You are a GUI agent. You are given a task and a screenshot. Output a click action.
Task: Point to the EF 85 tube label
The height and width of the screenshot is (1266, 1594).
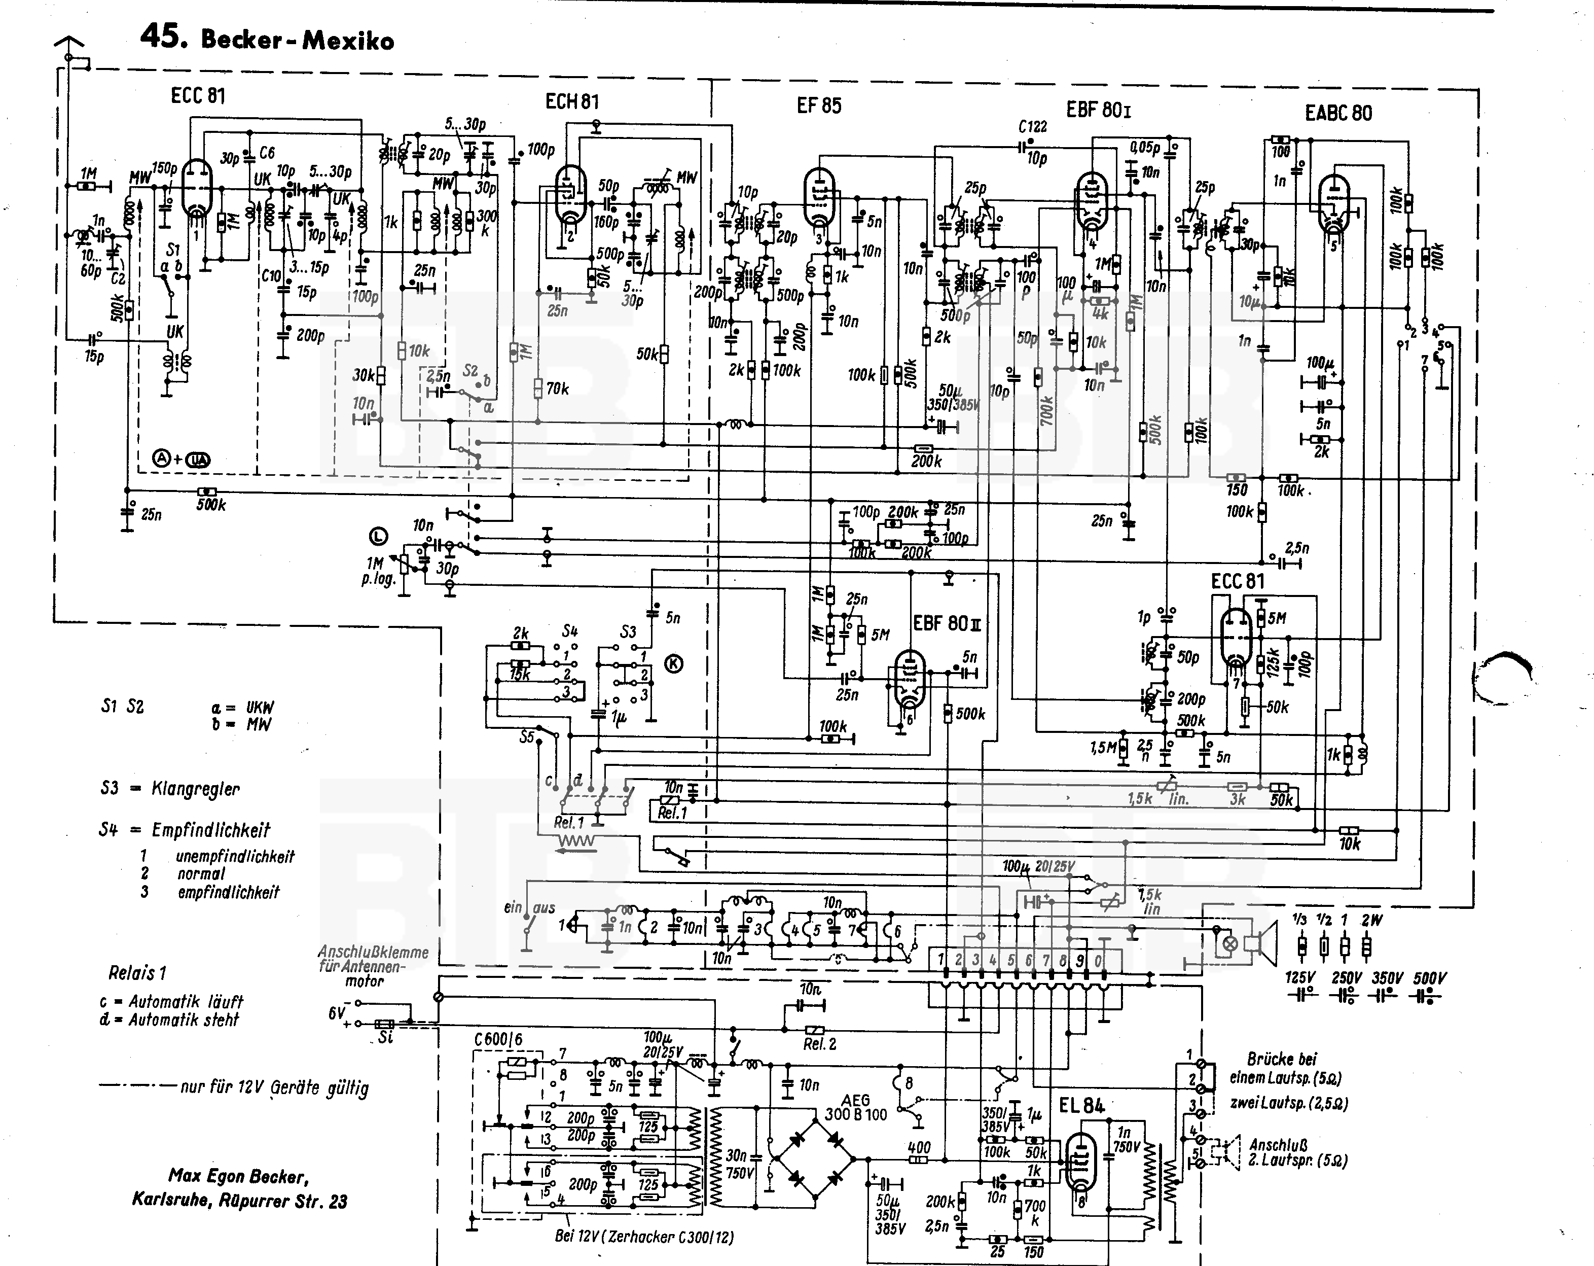pos(818,105)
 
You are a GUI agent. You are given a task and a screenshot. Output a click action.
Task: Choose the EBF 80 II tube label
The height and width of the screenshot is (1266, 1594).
pos(947,623)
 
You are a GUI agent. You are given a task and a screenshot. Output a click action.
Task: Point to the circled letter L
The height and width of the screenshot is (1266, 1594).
pos(379,536)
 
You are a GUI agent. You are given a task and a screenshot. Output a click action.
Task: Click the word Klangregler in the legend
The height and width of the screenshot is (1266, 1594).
pos(195,789)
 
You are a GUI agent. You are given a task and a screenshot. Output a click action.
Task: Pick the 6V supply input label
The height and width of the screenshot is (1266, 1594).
pos(337,1013)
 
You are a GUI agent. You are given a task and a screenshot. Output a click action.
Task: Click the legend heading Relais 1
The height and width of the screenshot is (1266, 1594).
pos(137,972)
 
